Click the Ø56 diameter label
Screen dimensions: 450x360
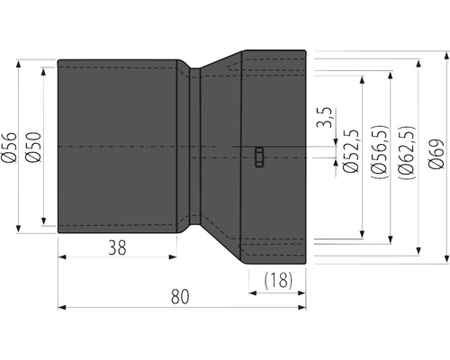coord(9,148)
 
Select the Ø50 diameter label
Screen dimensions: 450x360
coord(33,147)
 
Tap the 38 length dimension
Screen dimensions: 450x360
coord(117,247)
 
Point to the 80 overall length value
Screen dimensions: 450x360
coord(180,296)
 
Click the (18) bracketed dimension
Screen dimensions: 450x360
coord(278,280)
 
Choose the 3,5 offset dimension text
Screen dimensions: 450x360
coord(325,117)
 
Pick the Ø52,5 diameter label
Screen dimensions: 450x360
coord(351,151)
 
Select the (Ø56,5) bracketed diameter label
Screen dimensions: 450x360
coord(379,152)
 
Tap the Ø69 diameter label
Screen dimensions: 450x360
coord(436,154)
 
